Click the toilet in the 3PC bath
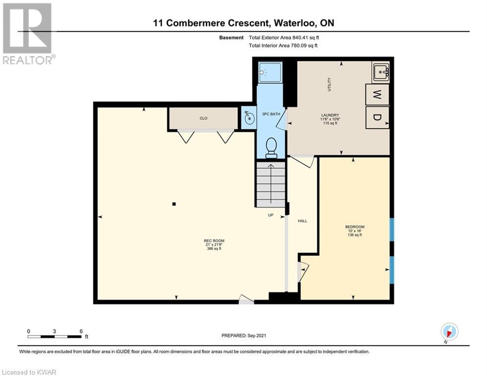click(272, 147)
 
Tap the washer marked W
click(377, 94)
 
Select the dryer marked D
click(377, 117)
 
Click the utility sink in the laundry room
click(380, 72)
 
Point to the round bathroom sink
click(249, 118)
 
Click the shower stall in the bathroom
click(270, 72)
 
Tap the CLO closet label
click(204, 118)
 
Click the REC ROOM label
click(214, 240)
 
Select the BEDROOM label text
click(355, 227)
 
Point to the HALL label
click(302, 221)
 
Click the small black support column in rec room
click(174, 204)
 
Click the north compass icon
click(449, 331)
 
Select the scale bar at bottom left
click(55, 336)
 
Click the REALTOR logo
click(28, 34)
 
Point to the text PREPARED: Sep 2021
click(244, 335)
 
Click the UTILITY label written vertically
click(329, 84)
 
